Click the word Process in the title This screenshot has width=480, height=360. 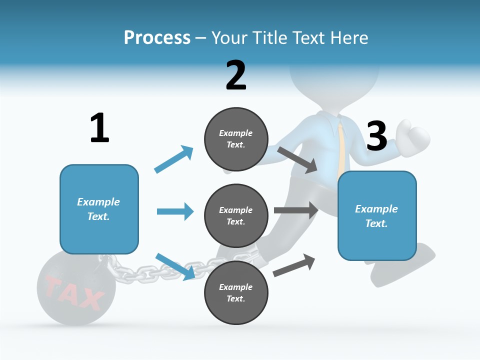point(157,38)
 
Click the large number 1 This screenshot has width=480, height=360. point(99,128)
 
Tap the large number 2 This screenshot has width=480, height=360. point(236,75)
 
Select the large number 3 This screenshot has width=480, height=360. point(377,136)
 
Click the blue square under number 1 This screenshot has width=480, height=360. point(99,209)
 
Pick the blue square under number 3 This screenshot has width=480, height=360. point(377,216)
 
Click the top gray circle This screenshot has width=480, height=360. point(236,139)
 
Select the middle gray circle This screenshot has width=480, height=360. point(236,215)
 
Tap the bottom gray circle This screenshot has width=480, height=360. point(236,292)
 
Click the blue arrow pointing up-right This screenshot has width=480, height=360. point(174,159)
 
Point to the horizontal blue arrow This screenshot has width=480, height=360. point(175,211)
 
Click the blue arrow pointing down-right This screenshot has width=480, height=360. point(175,266)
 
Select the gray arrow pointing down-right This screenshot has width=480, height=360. point(297,159)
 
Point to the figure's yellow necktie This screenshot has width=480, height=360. point(341,145)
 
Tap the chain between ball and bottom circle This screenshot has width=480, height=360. point(150,272)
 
